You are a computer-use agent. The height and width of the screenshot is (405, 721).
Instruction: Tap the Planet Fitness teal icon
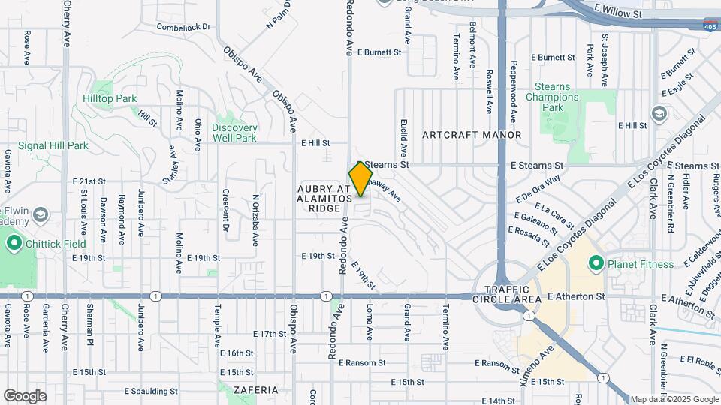click(596, 262)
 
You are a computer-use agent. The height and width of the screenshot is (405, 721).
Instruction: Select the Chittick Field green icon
click(13, 244)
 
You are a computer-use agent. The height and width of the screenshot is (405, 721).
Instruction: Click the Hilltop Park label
click(110, 98)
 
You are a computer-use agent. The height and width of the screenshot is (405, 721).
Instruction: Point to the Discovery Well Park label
click(234, 133)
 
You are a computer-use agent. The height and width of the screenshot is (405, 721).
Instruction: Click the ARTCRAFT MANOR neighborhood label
click(472, 135)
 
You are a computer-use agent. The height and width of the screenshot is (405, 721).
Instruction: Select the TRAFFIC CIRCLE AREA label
click(513, 294)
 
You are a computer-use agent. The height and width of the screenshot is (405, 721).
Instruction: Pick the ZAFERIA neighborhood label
click(255, 390)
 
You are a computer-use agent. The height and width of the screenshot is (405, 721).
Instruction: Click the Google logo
click(25, 395)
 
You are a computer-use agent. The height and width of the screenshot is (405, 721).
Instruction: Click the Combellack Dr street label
click(184, 27)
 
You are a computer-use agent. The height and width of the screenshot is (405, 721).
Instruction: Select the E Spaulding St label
click(151, 391)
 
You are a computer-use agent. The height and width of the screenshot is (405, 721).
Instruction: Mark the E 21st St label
click(90, 182)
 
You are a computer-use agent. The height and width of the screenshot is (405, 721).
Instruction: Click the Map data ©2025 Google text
click(674, 399)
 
